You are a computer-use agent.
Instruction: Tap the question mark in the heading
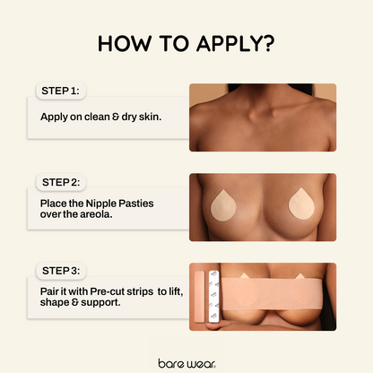tap(265, 44)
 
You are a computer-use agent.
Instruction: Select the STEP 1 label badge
tap(61, 91)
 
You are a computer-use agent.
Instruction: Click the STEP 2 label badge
tap(61, 182)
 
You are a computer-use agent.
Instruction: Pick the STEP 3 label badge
tap(61, 271)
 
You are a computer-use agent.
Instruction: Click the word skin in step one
tap(150, 117)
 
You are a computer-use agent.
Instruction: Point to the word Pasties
tap(136, 204)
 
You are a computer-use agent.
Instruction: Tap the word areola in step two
tap(97, 214)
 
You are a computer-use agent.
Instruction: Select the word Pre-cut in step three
tap(107, 291)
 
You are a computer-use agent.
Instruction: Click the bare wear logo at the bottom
tap(186, 363)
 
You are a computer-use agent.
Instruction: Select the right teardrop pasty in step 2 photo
tap(301, 204)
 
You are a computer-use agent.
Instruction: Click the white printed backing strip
tap(214, 297)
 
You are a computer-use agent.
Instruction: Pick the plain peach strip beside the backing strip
tap(200, 297)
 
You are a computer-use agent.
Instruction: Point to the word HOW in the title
tap(124, 44)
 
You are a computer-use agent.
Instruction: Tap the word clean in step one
tap(97, 117)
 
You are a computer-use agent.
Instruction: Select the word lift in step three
tap(176, 291)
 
